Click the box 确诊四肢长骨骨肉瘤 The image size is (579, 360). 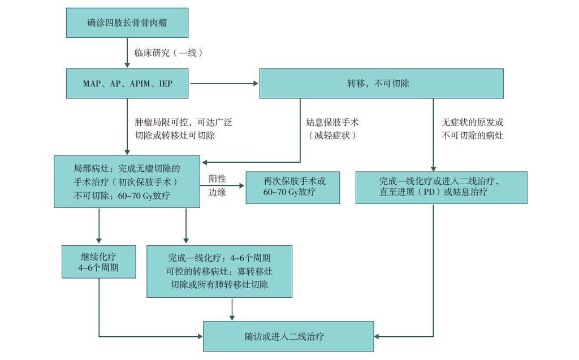click(x=127, y=23)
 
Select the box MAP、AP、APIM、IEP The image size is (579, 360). click(x=127, y=84)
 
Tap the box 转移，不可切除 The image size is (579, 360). click(x=381, y=84)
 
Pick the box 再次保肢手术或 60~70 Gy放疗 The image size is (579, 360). click(x=293, y=187)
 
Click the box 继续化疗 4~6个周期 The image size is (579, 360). click(x=99, y=261)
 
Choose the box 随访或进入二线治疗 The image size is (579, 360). click(x=288, y=337)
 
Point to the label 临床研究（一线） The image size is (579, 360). click(x=168, y=53)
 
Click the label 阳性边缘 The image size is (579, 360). click(x=217, y=185)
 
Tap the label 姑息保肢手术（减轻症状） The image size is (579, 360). click(x=332, y=129)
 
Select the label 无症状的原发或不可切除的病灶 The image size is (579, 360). click(x=472, y=129)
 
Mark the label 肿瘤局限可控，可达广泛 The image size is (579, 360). click(x=184, y=122)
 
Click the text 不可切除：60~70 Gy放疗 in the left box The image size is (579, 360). click(x=122, y=196)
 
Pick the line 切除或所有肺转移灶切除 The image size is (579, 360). click(x=219, y=285)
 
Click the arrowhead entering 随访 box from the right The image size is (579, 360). click(x=378, y=337)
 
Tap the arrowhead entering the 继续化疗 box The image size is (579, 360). click(x=99, y=241)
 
